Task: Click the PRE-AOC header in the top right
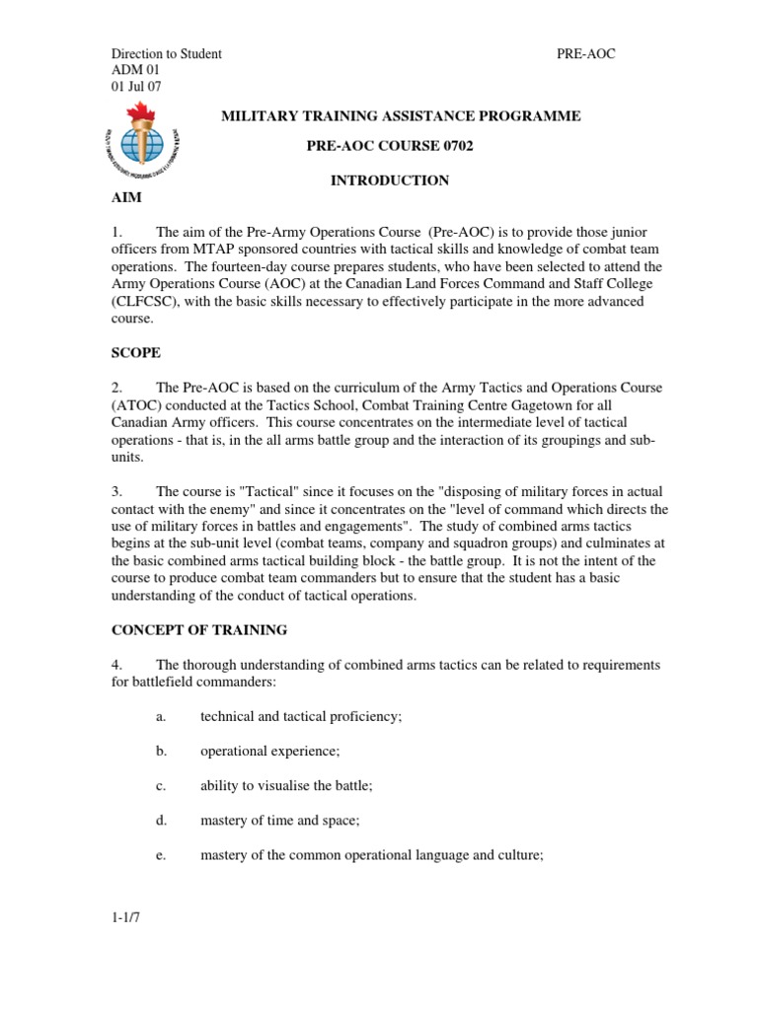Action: pyautogui.click(x=586, y=54)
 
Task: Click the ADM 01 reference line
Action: pyautogui.click(x=134, y=70)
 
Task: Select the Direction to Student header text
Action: pyautogui.click(x=166, y=54)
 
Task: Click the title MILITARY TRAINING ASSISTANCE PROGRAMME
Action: pyautogui.click(x=400, y=116)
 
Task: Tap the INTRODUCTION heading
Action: pyautogui.click(x=389, y=180)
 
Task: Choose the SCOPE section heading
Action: pyautogui.click(x=135, y=351)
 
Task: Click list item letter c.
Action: pyautogui.click(x=160, y=785)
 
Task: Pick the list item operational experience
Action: pyautogui.click(x=269, y=752)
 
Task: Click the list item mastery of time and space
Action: pyautogui.click(x=281, y=820)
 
